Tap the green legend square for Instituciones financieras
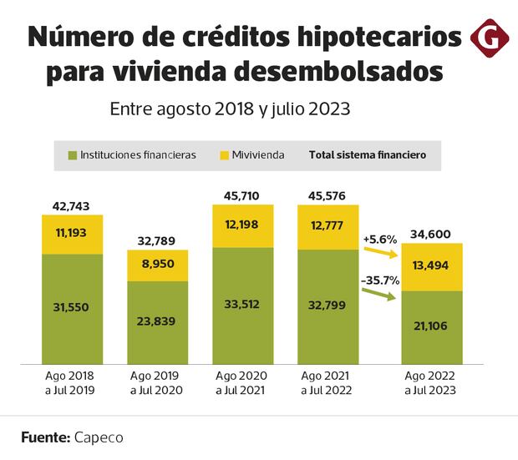[73, 154]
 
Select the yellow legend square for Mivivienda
[225, 154]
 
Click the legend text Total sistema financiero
[368, 154]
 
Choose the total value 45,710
[241, 195]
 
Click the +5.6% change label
[378, 239]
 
